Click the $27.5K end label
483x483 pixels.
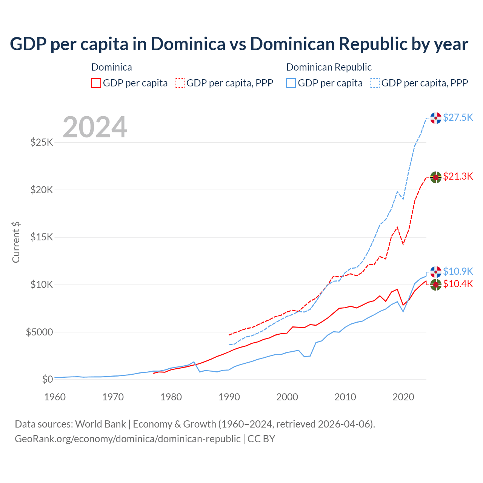coord(458,117)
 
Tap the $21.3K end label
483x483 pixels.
coord(458,176)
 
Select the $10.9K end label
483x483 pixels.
coord(458,271)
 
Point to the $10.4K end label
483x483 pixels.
coord(458,284)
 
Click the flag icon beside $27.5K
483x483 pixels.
coord(436,118)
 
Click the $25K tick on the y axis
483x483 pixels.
coord(42,143)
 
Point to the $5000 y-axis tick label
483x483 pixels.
coord(39,332)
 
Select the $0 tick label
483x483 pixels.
coord(47,379)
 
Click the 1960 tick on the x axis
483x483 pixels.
coord(55,397)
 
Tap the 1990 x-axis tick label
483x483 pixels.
coord(229,397)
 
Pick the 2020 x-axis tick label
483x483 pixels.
coord(403,397)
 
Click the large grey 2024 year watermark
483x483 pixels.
coord(95,127)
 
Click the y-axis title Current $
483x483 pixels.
coord(16,242)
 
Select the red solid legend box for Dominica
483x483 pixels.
coord(96,83)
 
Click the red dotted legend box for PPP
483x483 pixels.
coord(180,83)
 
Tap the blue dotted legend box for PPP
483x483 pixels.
coord(375,83)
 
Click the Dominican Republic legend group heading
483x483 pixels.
coord(329,67)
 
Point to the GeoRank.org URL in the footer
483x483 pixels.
coord(128,439)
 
